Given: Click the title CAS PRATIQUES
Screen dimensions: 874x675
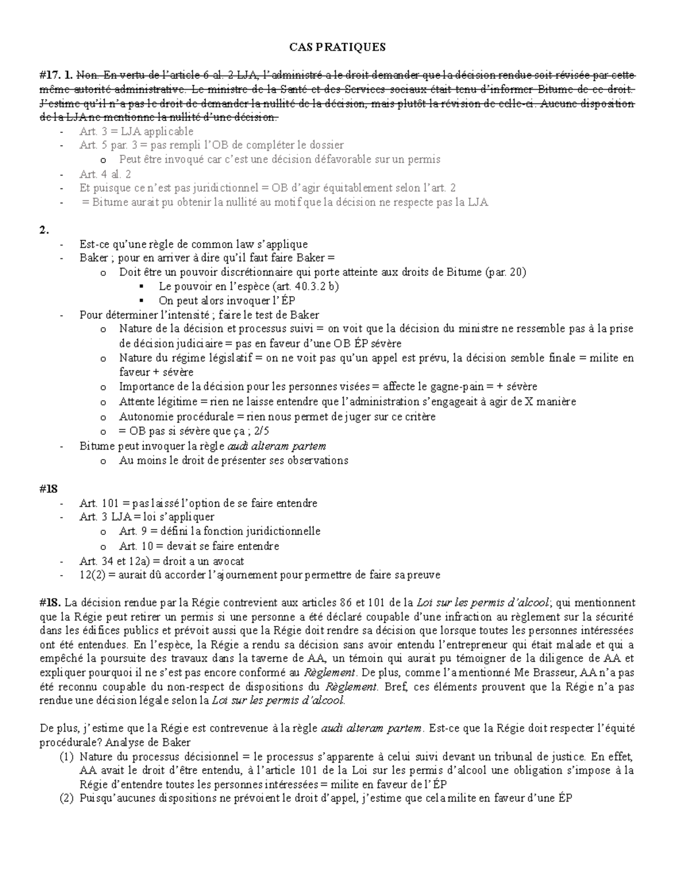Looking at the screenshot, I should coord(337,47).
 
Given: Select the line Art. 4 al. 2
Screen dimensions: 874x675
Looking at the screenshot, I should coord(105,174).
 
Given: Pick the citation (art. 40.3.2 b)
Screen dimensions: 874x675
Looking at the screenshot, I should coord(305,286).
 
